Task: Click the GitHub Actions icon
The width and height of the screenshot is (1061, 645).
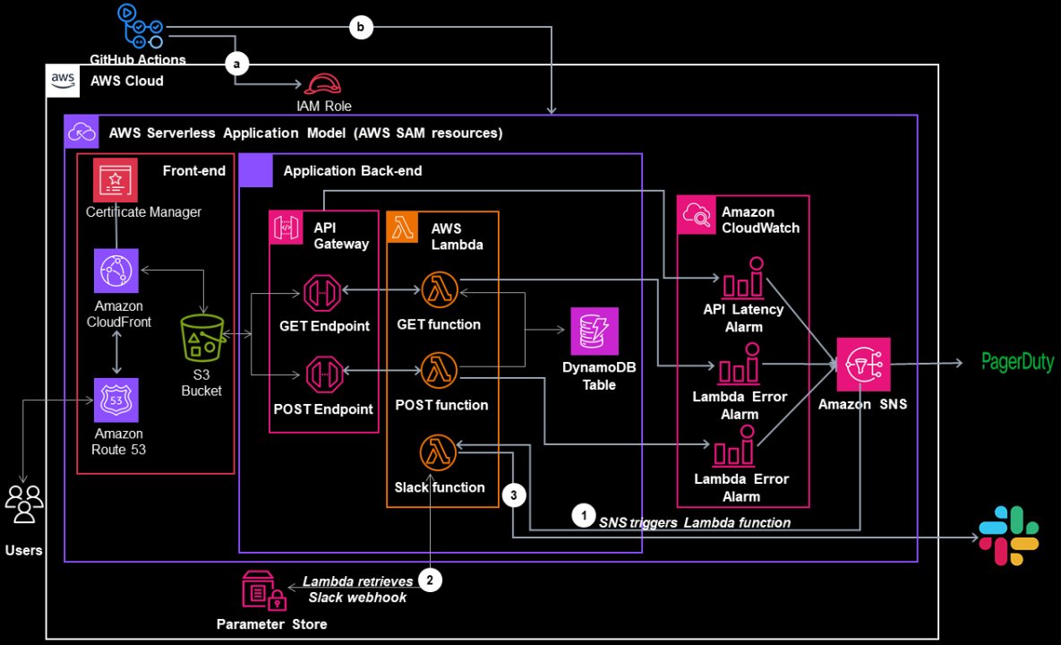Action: click(x=138, y=27)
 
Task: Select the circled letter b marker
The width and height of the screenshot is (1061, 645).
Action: click(x=360, y=28)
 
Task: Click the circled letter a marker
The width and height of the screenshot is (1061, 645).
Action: click(x=237, y=63)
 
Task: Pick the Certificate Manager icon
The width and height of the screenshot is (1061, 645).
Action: click(x=115, y=180)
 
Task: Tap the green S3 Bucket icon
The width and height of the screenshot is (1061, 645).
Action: click(x=201, y=337)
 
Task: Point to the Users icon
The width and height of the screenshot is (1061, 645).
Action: click(x=23, y=503)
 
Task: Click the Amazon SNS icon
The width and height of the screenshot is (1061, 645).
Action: click(x=863, y=364)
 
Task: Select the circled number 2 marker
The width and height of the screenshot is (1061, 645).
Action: click(x=431, y=580)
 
